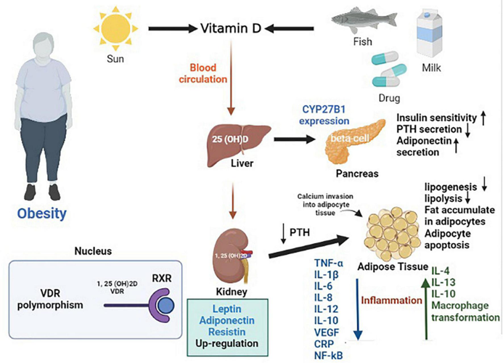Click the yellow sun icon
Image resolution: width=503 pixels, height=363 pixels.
tap(118, 29)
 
